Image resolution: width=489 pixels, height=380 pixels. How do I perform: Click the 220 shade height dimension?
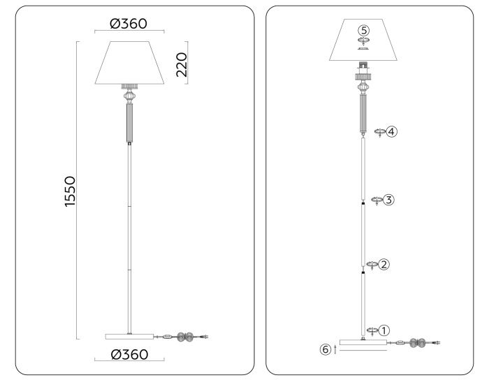tap(181, 64)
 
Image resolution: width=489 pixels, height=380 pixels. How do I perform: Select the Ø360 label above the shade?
tap(129, 23)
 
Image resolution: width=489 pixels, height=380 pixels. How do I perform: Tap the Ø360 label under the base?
tap(129, 355)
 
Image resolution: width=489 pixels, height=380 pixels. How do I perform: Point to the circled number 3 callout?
tap(389, 199)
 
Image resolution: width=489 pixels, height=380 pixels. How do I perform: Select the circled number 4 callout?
tap(392, 131)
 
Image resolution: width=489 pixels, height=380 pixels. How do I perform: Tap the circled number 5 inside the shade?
tap(363, 31)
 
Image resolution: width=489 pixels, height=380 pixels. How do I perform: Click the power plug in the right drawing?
tap(437, 342)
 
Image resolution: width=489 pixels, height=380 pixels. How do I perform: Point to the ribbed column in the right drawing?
tap(363, 112)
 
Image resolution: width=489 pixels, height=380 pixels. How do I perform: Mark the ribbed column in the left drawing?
tap(129, 123)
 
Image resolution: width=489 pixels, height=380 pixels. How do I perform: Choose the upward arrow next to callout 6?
tap(335, 349)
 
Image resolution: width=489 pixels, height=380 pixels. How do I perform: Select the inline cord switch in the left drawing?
tap(168, 337)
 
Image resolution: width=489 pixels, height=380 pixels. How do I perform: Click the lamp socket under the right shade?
tap(363, 69)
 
